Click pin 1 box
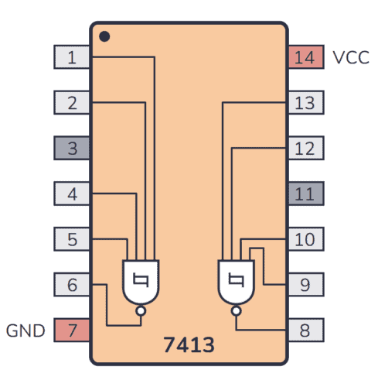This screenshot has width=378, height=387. pos(72,57)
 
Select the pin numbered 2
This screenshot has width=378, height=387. pos(72,102)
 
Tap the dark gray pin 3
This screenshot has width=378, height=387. pos(72,148)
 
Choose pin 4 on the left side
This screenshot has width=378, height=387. pos(72,193)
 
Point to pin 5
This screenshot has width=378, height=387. pos(72,239)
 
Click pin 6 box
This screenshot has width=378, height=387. pos(72,285)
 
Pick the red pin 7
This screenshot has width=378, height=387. pos(72,330)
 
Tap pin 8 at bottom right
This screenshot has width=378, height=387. pos(305,330)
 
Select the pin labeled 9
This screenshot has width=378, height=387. pos(305,285)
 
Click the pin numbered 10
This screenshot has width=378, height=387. pos(305,239)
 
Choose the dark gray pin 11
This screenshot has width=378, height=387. pos(305,193)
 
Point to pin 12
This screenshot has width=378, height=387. pos(305,148)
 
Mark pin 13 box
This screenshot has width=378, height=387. pos(305,102)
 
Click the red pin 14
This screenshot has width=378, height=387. pos(305,57)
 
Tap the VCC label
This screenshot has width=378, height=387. pos(351,57)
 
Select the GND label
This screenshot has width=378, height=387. pos(26,330)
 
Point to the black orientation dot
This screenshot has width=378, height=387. pos(104,36)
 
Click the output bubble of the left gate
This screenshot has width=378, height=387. pos(140,312)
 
